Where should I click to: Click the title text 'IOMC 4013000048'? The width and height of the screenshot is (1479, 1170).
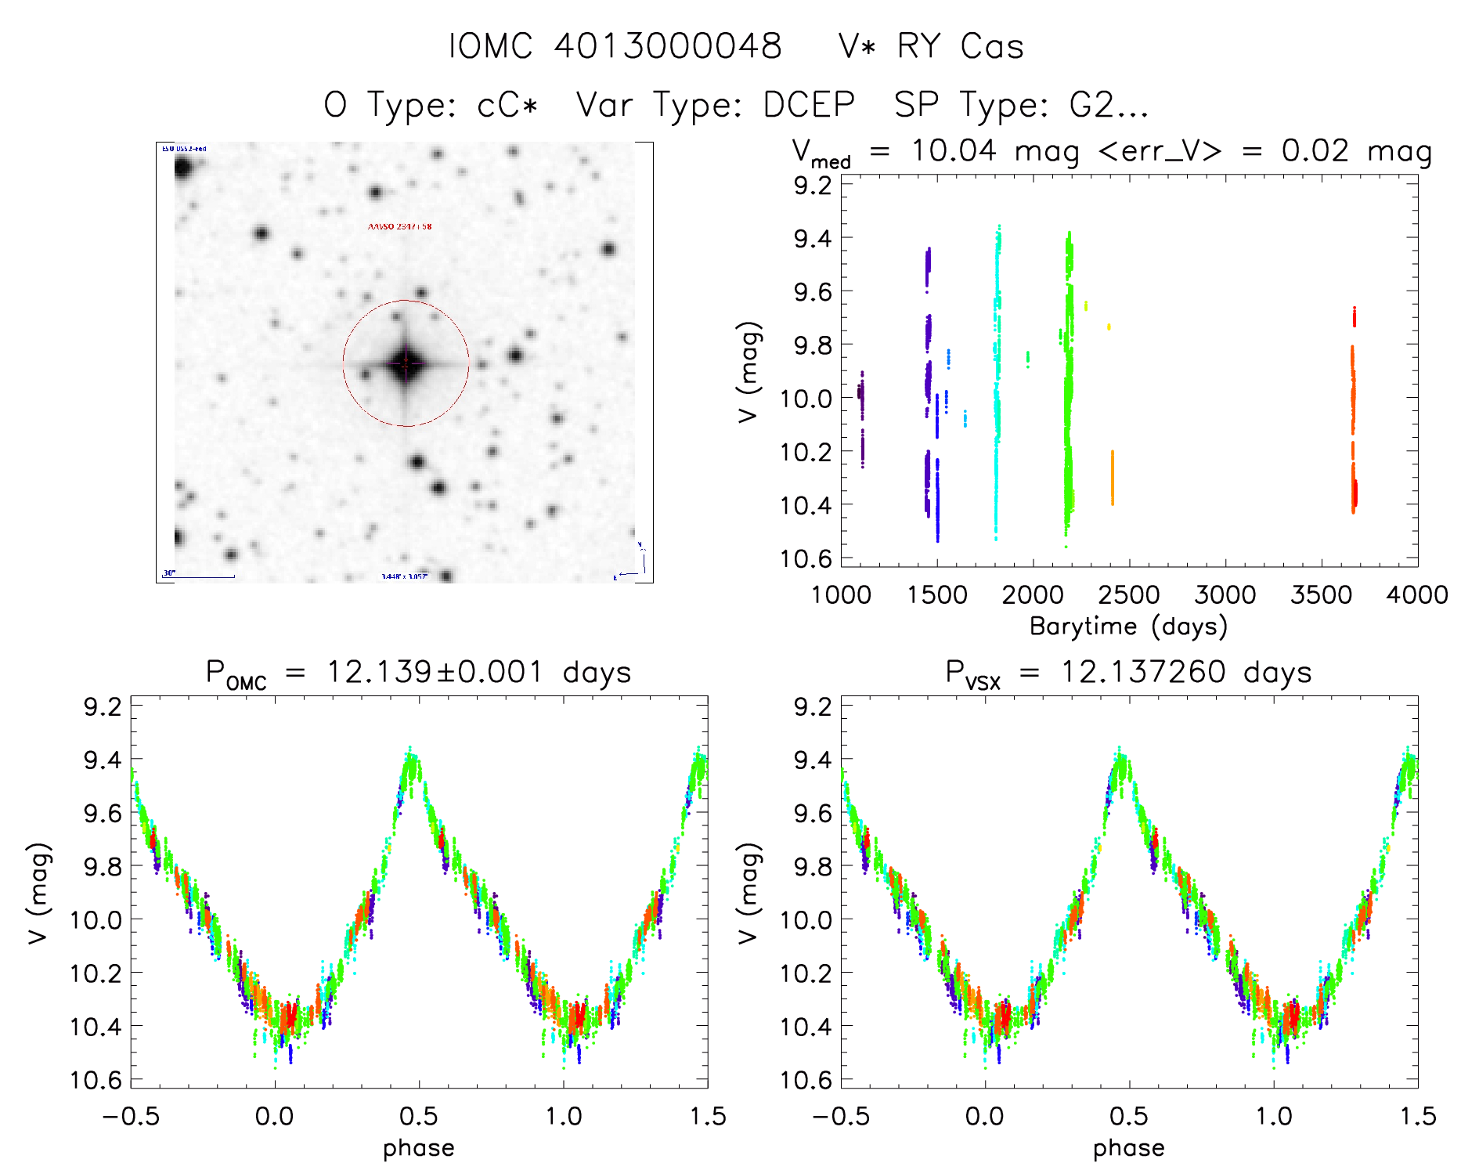pos(615,46)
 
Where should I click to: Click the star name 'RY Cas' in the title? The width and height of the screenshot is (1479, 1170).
pos(960,46)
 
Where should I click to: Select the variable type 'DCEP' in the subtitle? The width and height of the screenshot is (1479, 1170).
pos(810,104)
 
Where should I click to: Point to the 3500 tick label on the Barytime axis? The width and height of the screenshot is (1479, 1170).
pos(1321,595)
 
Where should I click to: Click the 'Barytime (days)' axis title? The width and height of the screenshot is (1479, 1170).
pos(1128,627)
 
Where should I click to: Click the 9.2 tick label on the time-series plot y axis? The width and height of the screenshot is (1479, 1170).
pos(813,186)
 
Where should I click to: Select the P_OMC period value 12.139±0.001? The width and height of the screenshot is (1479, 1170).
pos(434,672)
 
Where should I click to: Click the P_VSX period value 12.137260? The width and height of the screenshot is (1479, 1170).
pos(1142,672)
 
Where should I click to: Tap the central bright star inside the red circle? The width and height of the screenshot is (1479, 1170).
pos(406,363)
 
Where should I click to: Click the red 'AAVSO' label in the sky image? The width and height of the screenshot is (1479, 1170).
pos(399,226)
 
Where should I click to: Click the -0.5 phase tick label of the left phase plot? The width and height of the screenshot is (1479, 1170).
pos(131,1117)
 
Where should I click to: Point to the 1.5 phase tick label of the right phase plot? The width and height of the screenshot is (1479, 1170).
pos(1416,1117)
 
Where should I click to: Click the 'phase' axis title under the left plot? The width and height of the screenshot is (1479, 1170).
pos(419,1148)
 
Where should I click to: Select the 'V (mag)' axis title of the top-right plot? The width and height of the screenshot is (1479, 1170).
pos(749,372)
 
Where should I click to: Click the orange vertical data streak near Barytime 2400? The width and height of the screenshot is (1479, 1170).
pos(1112,478)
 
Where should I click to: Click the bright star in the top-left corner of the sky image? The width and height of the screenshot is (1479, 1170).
pos(183,168)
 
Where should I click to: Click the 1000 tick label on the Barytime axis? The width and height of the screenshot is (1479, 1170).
pos(841,595)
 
